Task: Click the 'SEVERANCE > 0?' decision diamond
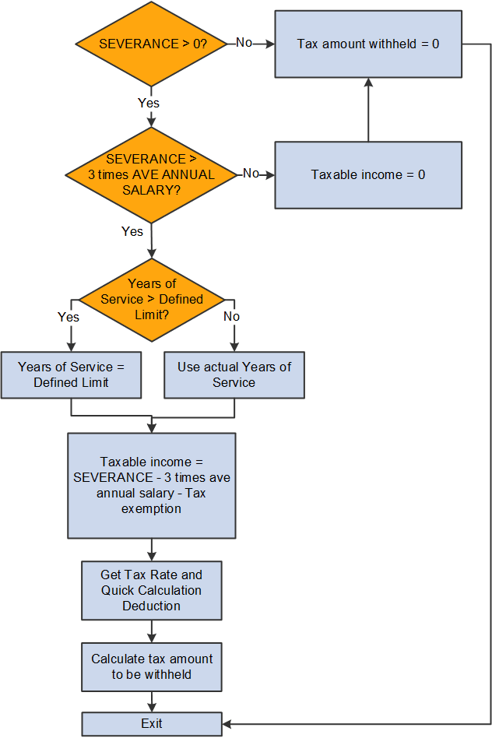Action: (151, 44)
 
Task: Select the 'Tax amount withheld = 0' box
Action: (367, 44)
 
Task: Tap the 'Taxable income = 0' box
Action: (367, 174)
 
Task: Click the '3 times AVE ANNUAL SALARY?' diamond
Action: (151, 174)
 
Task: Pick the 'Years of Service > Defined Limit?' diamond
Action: (151, 299)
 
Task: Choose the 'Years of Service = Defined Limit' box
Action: (71, 374)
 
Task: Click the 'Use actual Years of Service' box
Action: (234, 374)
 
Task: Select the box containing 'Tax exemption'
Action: (151, 485)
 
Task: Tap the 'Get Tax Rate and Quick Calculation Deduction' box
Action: (151, 590)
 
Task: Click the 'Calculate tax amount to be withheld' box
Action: (151, 666)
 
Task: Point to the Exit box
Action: (151, 723)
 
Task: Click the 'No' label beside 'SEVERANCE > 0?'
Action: (244, 43)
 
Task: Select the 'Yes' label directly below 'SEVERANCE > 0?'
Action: (149, 103)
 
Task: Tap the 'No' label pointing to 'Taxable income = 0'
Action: (251, 173)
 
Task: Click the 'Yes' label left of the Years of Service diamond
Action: (69, 316)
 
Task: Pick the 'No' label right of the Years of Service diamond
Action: (231, 316)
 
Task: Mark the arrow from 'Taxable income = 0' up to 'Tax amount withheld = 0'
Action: (367, 110)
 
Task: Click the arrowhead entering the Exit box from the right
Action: (227, 723)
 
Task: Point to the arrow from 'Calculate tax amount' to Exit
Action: (151, 701)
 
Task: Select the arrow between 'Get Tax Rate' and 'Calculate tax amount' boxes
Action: (151, 631)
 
